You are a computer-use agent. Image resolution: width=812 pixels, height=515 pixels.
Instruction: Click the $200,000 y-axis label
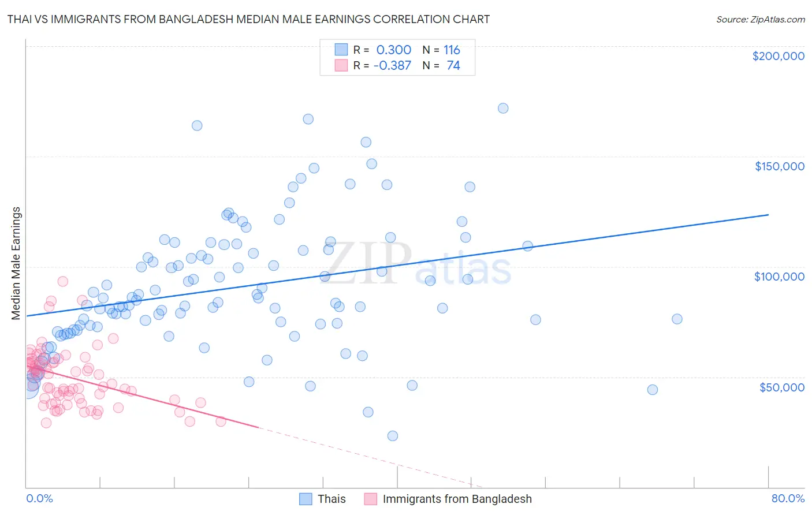[x=778, y=56]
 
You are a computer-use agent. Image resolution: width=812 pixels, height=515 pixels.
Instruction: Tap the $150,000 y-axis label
[x=779, y=166]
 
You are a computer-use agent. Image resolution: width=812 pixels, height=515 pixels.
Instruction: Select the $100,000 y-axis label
[x=779, y=277]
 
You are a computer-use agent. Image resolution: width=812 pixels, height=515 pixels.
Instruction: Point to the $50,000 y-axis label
[x=781, y=387]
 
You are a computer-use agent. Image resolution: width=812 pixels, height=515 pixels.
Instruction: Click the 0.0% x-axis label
[x=39, y=498]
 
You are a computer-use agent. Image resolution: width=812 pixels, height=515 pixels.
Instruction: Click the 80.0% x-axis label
[x=788, y=498]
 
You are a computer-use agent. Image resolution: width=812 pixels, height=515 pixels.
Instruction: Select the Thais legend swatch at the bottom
[x=306, y=499]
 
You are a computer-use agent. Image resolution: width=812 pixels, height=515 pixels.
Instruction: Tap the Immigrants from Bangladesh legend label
[x=457, y=499]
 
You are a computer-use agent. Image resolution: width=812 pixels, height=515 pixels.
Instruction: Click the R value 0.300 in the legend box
[x=393, y=50]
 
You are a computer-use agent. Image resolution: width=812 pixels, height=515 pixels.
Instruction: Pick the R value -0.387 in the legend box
[x=392, y=66]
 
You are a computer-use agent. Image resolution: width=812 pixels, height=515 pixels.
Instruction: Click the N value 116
[x=452, y=50]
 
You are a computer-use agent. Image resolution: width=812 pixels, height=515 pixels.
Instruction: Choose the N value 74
[x=453, y=66]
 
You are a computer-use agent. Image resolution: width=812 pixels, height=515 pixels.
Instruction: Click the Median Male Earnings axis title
[x=16, y=263]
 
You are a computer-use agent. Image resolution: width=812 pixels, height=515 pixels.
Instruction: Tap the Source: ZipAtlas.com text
[x=760, y=19]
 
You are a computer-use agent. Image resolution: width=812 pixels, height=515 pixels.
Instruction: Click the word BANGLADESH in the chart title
[x=192, y=19]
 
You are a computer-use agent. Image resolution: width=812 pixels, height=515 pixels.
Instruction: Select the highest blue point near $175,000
[x=503, y=108]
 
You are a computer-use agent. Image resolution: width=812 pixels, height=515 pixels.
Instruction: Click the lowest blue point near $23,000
[x=393, y=436]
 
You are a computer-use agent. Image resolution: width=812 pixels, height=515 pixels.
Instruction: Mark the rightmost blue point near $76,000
[x=677, y=319]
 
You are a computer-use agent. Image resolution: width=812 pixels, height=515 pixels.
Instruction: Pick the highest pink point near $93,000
[x=63, y=282]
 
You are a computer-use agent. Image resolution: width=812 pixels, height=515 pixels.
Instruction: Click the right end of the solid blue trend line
[x=768, y=215]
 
